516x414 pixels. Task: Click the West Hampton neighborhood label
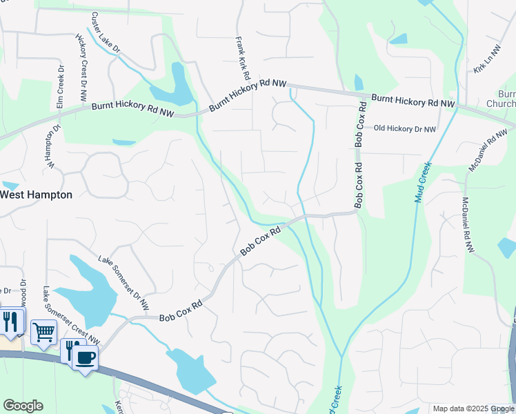tap(36, 195)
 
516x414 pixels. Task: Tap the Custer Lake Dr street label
tap(105, 33)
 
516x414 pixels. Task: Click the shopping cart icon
tap(44, 332)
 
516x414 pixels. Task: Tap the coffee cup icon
tap(86, 357)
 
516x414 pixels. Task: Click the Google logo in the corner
tap(23, 406)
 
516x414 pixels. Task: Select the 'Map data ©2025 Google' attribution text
tap(473, 408)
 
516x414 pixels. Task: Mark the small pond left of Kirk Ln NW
tap(399, 39)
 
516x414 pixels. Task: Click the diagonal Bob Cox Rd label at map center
tap(262, 241)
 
